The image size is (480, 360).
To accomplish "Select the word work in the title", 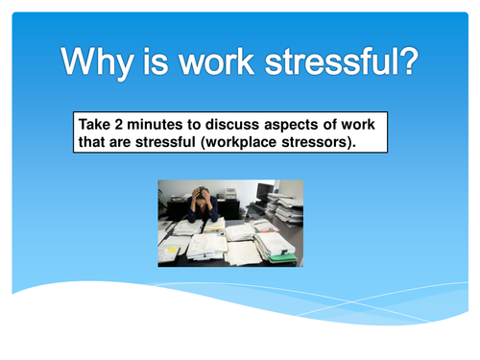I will (218, 63).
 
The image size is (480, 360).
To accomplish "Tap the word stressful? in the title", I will (343, 63).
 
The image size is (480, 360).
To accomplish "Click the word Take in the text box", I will (94, 126).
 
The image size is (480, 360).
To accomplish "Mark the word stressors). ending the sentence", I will (326, 142).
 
